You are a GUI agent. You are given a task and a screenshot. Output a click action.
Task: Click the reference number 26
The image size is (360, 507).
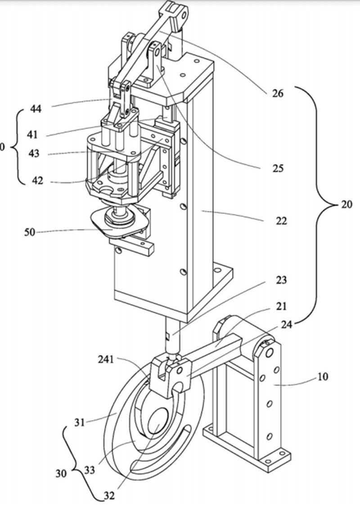[278, 94]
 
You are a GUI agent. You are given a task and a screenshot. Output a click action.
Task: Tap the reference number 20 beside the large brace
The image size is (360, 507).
[347, 204]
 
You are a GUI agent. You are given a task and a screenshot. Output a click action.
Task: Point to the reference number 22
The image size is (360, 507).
[281, 221]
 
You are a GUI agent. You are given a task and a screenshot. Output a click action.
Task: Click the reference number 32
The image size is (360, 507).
[109, 496]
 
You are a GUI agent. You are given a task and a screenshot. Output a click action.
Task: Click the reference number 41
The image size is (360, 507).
[32, 135]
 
